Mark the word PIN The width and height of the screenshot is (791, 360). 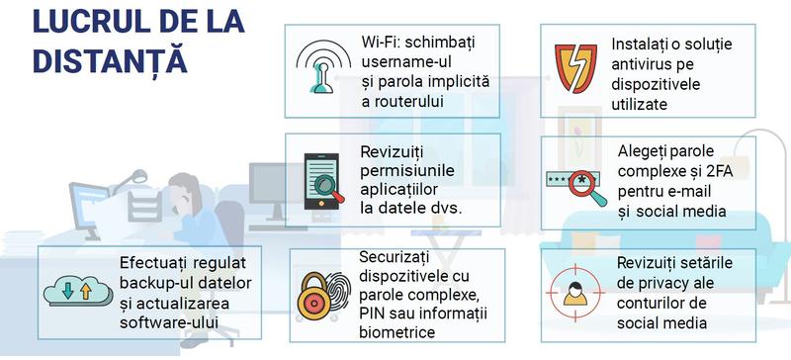coord(378,315)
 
